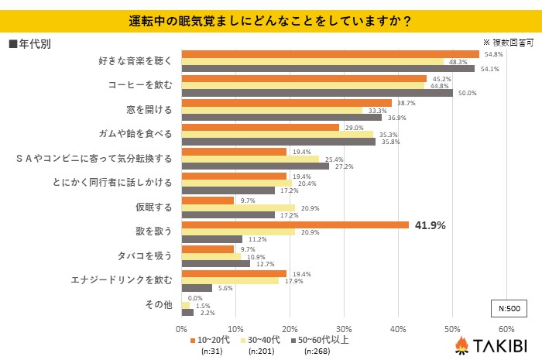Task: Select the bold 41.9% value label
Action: tap(430, 226)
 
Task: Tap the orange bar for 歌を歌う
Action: tap(294, 225)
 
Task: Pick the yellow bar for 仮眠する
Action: tap(238, 207)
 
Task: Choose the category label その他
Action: tap(160, 304)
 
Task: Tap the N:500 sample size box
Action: tap(508, 307)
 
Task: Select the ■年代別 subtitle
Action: tap(29, 44)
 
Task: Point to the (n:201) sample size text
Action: tap(262, 351)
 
